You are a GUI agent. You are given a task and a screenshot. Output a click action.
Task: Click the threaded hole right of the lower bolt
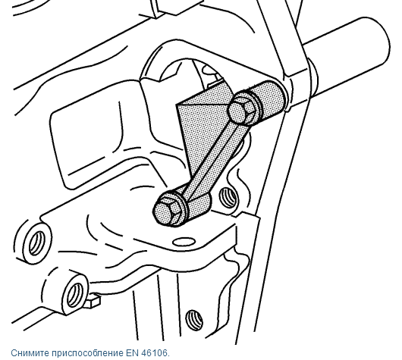[x=228, y=197]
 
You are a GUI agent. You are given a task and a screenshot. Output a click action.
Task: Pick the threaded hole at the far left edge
[x=38, y=243]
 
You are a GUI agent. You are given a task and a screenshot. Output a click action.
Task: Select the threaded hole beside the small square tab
[x=74, y=293]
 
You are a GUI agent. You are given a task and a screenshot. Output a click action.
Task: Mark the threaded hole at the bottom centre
[x=194, y=320]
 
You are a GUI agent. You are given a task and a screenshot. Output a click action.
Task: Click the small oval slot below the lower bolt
[x=184, y=241]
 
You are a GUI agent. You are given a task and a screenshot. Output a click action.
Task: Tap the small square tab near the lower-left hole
[x=93, y=300]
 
